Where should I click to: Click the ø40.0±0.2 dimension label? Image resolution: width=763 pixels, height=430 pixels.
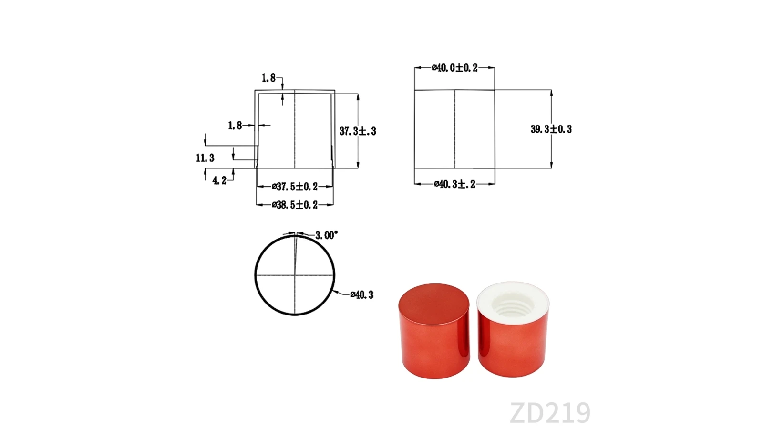[454, 68]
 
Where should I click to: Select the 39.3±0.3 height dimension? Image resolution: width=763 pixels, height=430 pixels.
[551, 129]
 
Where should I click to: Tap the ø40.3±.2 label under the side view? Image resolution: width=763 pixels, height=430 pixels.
[455, 184]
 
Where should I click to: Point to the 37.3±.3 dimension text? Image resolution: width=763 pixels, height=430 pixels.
[358, 131]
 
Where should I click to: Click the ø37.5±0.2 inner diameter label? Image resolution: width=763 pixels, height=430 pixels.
[295, 187]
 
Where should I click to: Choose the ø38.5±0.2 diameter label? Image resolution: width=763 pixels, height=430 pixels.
[295, 205]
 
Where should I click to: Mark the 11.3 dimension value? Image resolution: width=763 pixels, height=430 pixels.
[205, 158]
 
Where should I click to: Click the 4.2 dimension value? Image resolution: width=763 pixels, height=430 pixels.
[219, 180]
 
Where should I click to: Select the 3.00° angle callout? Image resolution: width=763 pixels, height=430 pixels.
[326, 235]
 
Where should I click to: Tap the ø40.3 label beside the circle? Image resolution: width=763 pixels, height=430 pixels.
[362, 294]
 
